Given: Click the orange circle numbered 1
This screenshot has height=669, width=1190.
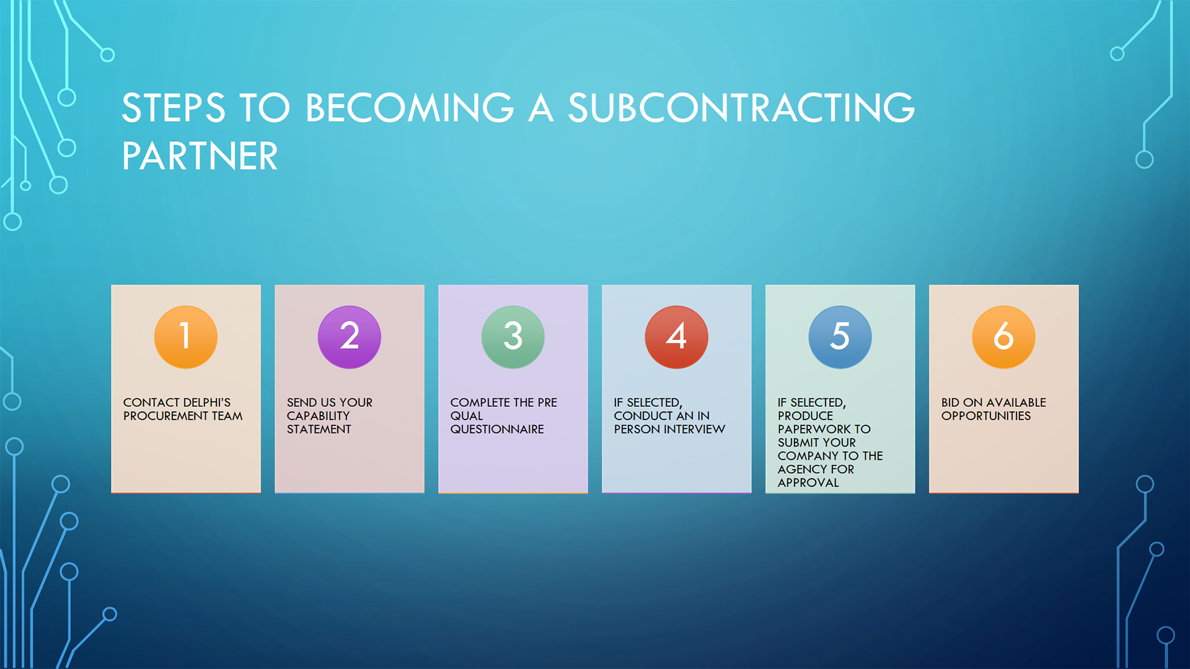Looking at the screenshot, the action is (x=186, y=337).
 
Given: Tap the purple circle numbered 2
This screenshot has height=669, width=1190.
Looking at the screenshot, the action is (x=350, y=337).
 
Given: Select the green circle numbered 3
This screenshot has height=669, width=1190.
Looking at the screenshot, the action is (x=513, y=337).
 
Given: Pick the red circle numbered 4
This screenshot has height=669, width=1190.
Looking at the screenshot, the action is (x=677, y=337).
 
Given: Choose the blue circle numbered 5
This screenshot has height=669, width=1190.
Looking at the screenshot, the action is (x=840, y=337).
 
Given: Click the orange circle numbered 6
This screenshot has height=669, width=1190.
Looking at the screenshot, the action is (x=1004, y=337).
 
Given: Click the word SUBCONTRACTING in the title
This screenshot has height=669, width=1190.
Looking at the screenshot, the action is (x=741, y=108).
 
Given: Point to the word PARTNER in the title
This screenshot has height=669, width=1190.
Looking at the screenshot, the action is (x=200, y=155).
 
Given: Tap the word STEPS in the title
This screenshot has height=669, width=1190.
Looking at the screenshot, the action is (x=174, y=108).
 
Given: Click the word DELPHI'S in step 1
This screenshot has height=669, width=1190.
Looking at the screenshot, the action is (x=202, y=403).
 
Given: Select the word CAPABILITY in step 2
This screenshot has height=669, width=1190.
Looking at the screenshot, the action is (x=318, y=416).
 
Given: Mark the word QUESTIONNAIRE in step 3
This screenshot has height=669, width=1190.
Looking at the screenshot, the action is (x=497, y=429).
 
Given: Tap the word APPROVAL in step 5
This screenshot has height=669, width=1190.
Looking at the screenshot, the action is (x=808, y=483).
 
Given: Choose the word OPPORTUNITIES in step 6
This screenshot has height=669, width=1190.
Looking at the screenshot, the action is (x=986, y=416).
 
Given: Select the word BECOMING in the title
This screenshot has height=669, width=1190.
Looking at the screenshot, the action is (x=410, y=108).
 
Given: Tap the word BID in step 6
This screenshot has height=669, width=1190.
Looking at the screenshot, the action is (x=951, y=403).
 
